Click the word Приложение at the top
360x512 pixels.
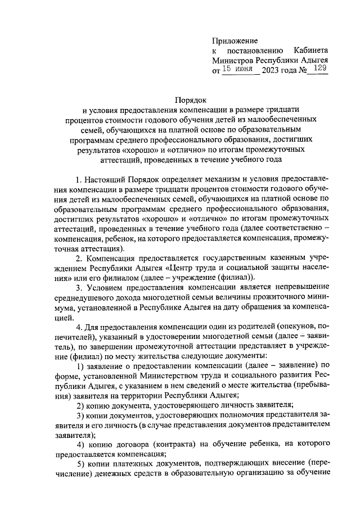point(235,41)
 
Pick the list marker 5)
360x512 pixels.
point(80,465)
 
